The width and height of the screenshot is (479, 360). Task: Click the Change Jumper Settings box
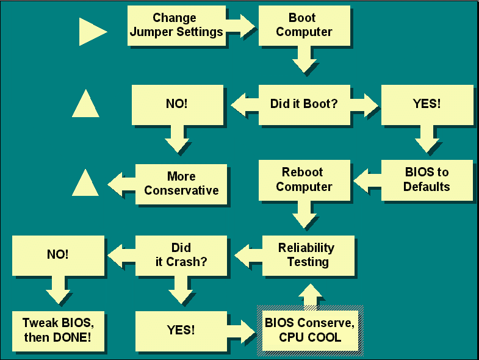(x=176, y=26)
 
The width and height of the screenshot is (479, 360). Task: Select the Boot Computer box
(x=304, y=26)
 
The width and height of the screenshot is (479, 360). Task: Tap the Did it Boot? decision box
(x=304, y=105)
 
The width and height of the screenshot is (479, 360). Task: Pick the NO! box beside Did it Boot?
(x=177, y=105)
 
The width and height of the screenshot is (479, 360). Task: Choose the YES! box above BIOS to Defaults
(x=427, y=105)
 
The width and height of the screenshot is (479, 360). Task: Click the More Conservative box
(x=181, y=184)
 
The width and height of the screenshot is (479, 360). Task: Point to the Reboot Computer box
(x=304, y=181)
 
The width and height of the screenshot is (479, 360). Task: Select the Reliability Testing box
(x=308, y=256)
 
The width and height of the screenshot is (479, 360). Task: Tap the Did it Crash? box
(x=181, y=256)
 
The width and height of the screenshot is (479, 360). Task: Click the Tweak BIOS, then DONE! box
(x=58, y=331)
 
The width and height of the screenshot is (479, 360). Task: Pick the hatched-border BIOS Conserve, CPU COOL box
(x=310, y=331)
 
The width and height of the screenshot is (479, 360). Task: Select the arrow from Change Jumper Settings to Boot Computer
(x=241, y=26)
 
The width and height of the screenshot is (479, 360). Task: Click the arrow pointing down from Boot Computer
(x=304, y=59)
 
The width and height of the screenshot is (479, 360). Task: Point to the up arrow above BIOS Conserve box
(x=310, y=295)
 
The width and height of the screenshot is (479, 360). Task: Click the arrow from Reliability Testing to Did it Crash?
(x=248, y=256)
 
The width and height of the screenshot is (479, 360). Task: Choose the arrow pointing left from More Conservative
(x=121, y=184)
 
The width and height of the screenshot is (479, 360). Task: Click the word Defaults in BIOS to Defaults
(x=427, y=187)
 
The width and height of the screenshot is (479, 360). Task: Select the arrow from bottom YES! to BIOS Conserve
(x=242, y=331)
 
